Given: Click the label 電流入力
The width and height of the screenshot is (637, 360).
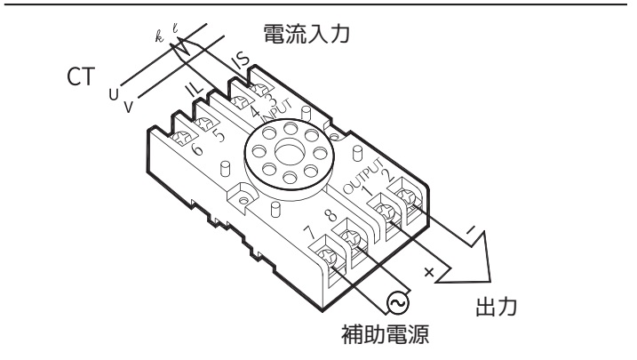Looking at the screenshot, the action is tap(307, 34).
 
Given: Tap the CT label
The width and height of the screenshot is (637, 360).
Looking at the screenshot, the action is tap(81, 76).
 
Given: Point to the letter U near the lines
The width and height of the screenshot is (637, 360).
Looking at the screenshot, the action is tap(114, 95).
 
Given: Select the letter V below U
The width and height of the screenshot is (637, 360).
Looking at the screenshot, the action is tap(128, 107).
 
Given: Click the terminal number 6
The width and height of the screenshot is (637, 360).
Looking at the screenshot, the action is tap(196, 149).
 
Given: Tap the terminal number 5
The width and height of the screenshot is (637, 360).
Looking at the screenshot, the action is tap(219, 135).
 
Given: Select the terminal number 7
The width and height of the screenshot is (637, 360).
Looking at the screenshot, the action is tap(309, 232).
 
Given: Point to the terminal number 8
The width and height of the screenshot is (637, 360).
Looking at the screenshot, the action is tap(331, 215).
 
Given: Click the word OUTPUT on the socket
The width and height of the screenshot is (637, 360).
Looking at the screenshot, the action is tap(363, 175).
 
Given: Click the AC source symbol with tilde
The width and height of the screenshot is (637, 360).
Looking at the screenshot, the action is tap(398, 303).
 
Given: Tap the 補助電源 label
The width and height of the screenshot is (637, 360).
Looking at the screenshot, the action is tap(385, 334).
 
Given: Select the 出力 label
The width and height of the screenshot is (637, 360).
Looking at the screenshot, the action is tap(497, 308).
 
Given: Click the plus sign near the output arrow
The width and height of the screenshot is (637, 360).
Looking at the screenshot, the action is tap(429, 272).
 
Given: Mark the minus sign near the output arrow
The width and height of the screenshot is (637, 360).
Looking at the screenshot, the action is tap(471, 230).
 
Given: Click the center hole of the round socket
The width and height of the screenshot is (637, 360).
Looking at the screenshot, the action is tap(290, 153).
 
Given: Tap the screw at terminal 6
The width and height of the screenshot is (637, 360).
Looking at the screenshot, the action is tap(181, 138).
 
